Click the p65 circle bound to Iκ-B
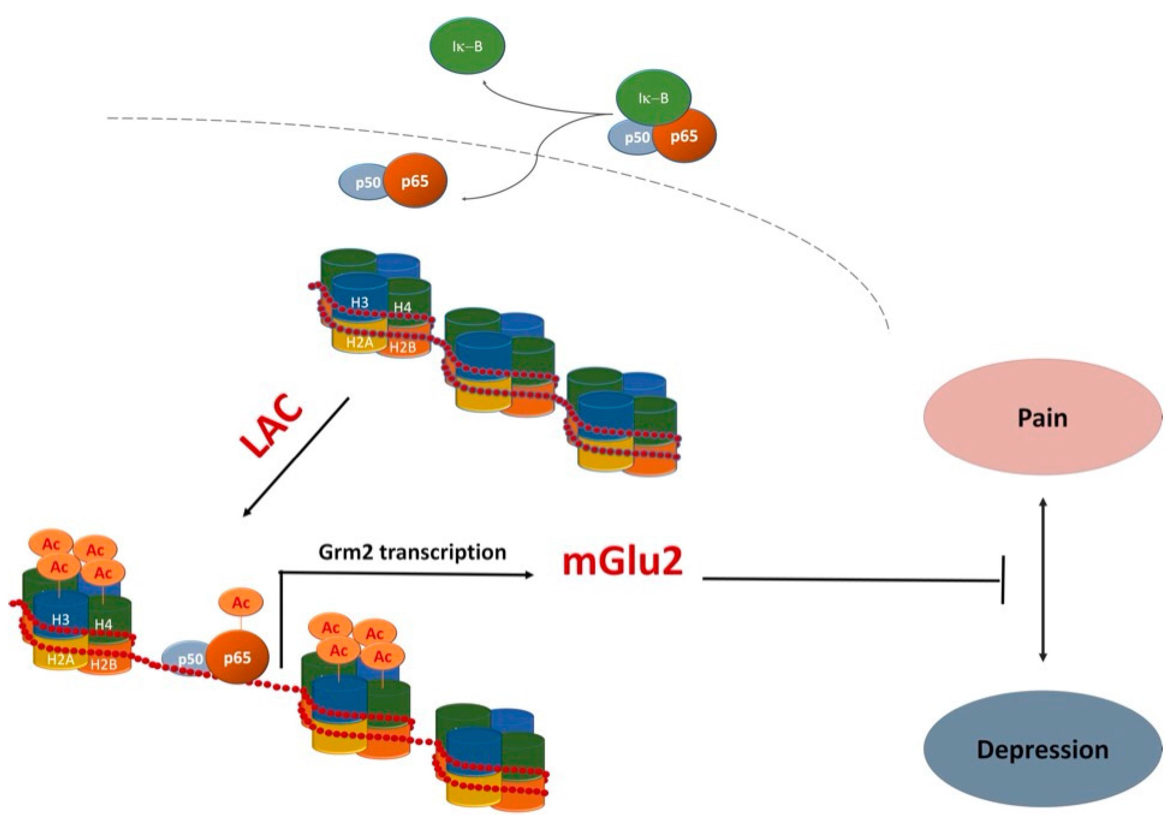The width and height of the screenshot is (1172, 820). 684,136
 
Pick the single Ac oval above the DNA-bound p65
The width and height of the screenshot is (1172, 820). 241,603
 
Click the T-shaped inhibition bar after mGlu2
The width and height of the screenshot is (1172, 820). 1003,580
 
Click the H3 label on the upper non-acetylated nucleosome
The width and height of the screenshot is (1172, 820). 359,302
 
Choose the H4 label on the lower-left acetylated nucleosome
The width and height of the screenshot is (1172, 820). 103,624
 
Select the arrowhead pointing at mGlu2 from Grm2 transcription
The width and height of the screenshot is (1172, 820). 528,575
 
